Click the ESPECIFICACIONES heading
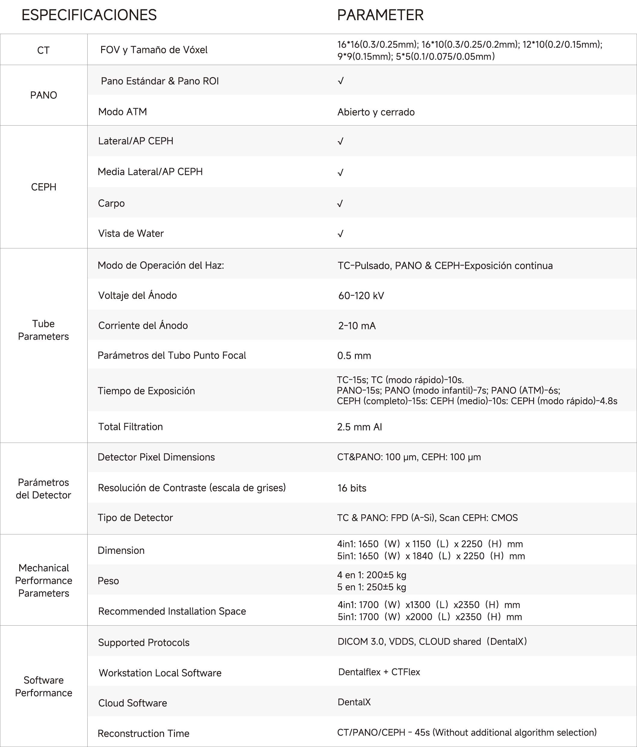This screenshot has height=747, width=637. (89, 15)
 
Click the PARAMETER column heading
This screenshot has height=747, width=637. (380, 15)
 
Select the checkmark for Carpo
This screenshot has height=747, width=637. (340, 204)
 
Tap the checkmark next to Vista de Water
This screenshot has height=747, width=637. (340, 234)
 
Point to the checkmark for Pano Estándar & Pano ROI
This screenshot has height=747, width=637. (340, 81)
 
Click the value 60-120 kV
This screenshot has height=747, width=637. (361, 296)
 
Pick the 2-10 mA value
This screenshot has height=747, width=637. (356, 325)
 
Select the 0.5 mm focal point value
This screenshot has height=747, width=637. (354, 356)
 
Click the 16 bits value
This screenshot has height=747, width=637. (352, 488)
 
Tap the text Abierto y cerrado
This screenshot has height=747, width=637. (376, 112)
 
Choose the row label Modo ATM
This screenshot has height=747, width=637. (122, 112)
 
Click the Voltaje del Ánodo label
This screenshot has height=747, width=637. (137, 296)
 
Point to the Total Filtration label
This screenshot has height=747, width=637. (130, 427)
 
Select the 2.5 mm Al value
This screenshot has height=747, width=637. (359, 427)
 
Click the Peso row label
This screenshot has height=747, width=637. (108, 581)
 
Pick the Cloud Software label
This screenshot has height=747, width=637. (132, 703)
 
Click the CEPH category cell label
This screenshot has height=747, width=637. (44, 187)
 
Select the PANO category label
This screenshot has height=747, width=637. (44, 95)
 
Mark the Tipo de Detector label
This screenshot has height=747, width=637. (135, 518)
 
